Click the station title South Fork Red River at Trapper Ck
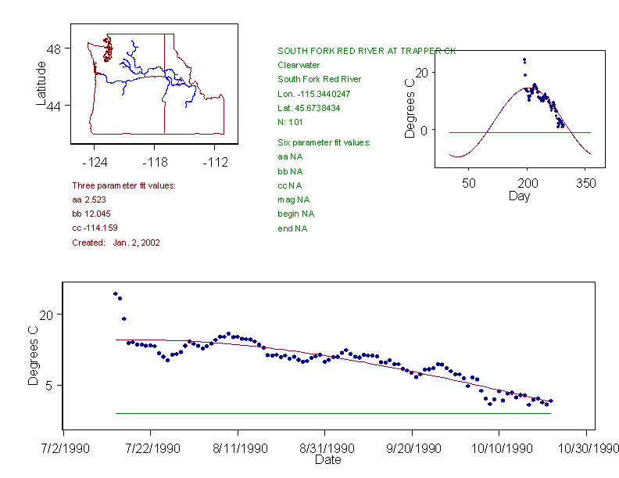point(367,51)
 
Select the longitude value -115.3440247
point(313,94)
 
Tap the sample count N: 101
point(290,122)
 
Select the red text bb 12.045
point(90,214)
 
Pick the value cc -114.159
point(93,228)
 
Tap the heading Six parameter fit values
point(324,142)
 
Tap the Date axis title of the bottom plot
point(327,460)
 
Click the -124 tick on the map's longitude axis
point(95,163)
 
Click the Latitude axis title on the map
point(41,84)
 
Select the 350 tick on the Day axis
point(586,183)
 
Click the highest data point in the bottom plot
point(115,293)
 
